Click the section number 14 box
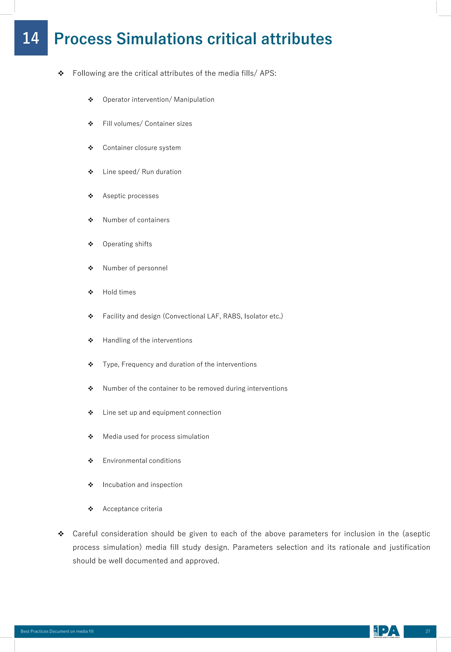(x=31, y=38)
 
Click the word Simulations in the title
(x=159, y=39)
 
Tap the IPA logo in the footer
(x=386, y=631)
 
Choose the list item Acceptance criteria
(x=132, y=509)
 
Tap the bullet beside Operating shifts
(x=91, y=244)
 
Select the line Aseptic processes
(x=131, y=196)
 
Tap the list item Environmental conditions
(x=142, y=461)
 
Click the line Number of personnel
(x=135, y=268)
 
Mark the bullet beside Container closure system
(x=91, y=148)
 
